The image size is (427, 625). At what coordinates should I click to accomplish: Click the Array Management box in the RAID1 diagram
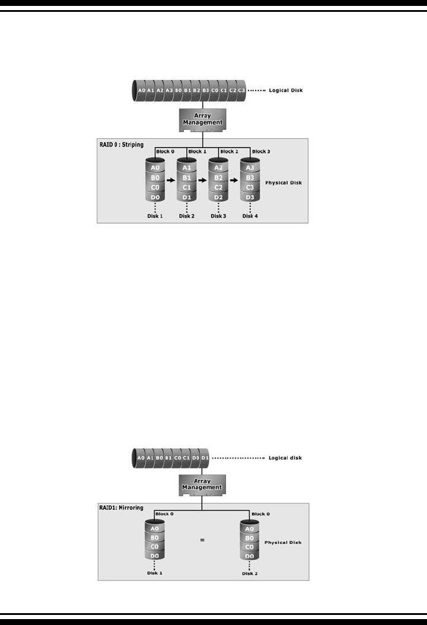pos(202,484)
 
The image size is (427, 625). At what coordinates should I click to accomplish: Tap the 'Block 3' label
pos(261,152)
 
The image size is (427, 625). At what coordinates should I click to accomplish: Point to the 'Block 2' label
pos(228,152)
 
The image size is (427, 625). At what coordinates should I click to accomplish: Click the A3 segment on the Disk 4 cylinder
pos(250,168)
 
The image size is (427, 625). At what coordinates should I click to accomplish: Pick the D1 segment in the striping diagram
pos(187,196)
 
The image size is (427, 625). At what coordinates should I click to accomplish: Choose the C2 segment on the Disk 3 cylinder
pos(218,187)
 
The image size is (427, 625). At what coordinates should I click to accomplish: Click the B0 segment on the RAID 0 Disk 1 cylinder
pos(155,177)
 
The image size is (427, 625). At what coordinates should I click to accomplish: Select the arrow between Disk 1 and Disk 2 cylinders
pos(171,177)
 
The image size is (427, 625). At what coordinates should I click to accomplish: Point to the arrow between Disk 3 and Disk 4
pos(234,177)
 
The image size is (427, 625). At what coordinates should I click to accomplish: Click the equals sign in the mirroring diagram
pos(202,540)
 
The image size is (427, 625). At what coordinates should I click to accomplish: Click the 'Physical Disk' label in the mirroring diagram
pos(282,542)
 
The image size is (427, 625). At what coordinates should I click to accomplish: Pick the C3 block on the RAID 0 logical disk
pos(241,91)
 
